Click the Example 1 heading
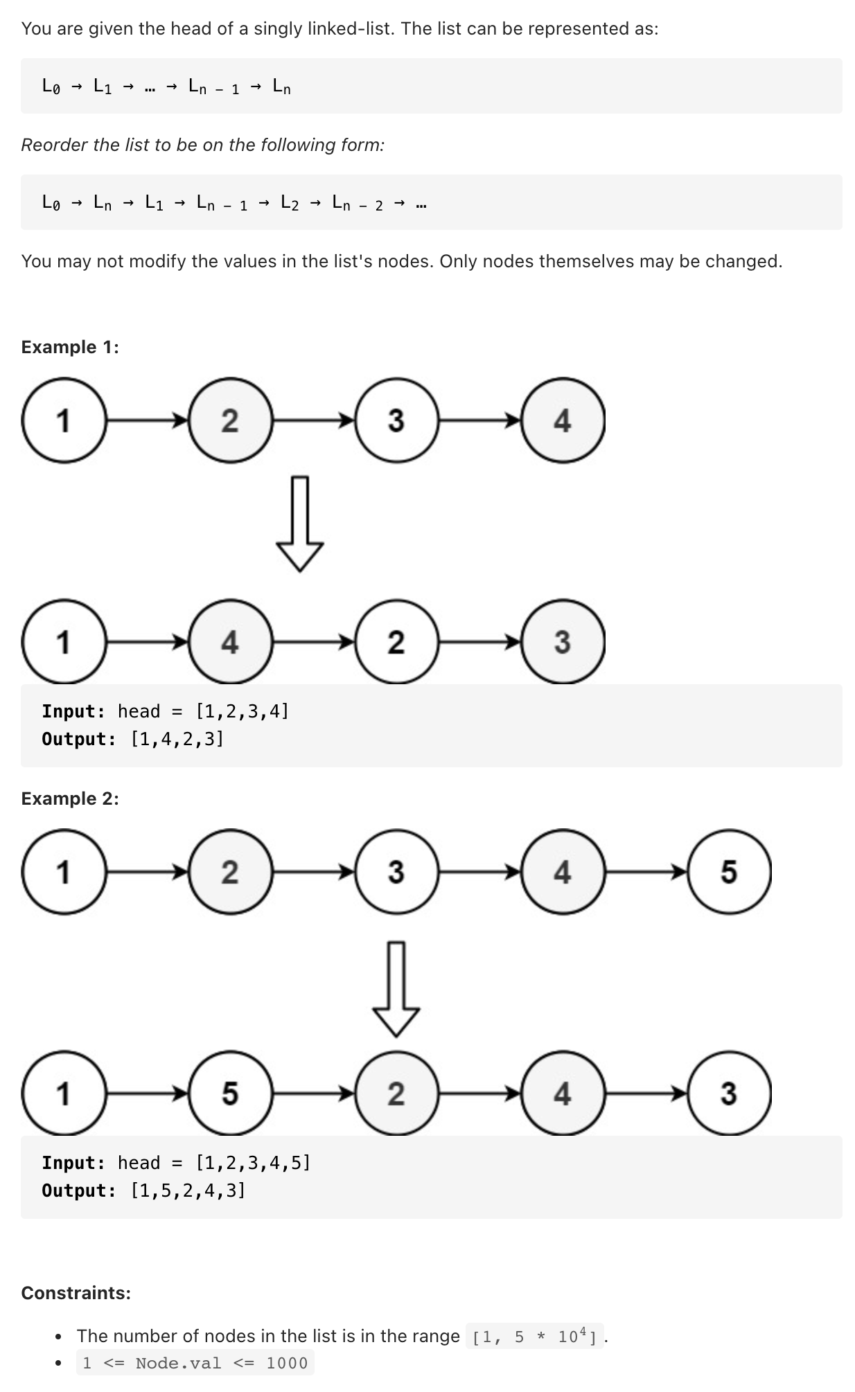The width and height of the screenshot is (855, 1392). pos(70,347)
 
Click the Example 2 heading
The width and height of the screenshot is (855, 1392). pos(70,798)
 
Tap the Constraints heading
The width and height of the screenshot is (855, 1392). pos(76,1293)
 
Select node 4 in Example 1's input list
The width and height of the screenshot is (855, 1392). pos(563,420)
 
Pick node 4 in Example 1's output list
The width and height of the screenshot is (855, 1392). pos(230,642)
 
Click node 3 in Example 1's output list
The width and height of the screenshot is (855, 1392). pos(563,642)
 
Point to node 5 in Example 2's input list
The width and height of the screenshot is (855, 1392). pos(729,871)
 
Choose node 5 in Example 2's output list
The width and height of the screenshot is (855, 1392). pos(230,1094)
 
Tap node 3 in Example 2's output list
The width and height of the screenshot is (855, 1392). pos(729,1094)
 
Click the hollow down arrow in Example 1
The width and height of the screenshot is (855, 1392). pos(300,524)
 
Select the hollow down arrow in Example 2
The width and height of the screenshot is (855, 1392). pos(396,989)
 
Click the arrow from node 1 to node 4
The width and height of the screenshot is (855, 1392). pos(147,642)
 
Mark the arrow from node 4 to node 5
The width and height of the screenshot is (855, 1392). pos(646,871)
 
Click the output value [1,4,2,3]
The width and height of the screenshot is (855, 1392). pos(177,739)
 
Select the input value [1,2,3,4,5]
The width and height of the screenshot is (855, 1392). pos(253,1163)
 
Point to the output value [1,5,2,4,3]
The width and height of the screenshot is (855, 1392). pos(188,1190)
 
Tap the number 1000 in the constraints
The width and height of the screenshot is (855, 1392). pos(287,1363)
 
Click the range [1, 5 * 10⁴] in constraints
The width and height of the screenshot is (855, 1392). pos(534,1336)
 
